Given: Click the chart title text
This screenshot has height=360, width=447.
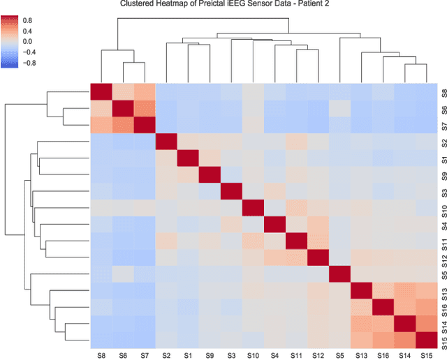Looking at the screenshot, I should pyautogui.click(x=223, y=5).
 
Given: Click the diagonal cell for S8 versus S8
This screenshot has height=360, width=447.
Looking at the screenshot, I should pyautogui.click(x=102, y=92).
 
